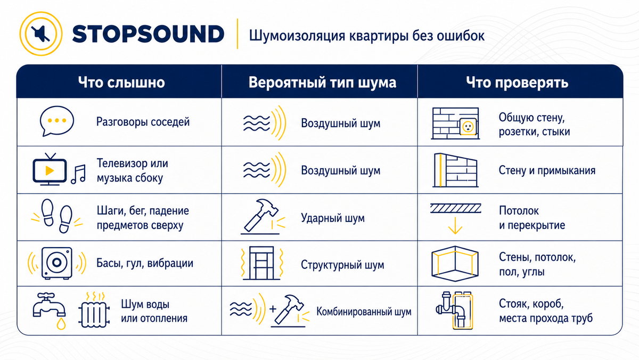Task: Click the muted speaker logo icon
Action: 41,34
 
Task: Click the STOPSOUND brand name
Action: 148,34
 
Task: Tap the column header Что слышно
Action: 121,83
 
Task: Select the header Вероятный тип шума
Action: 322,83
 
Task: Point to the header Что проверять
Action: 517,83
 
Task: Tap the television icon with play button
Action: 50,169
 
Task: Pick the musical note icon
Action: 78,174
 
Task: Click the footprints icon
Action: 57,216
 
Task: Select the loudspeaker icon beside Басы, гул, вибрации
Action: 57,263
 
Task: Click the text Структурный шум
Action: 342,265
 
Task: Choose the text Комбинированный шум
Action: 364,312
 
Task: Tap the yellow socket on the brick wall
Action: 468,126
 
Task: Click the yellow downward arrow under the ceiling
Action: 455,226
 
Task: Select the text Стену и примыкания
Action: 547,170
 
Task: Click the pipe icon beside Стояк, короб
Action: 454,310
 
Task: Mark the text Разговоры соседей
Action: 143,122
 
